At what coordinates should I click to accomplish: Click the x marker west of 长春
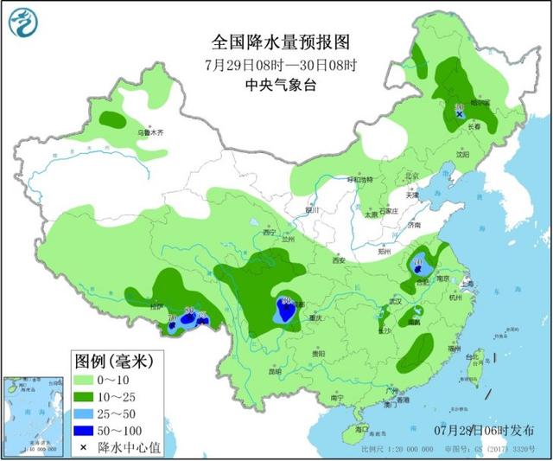[x=460, y=113]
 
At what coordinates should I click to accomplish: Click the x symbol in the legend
[x=82, y=446]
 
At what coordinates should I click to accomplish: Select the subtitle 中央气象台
[x=281, y=85]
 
